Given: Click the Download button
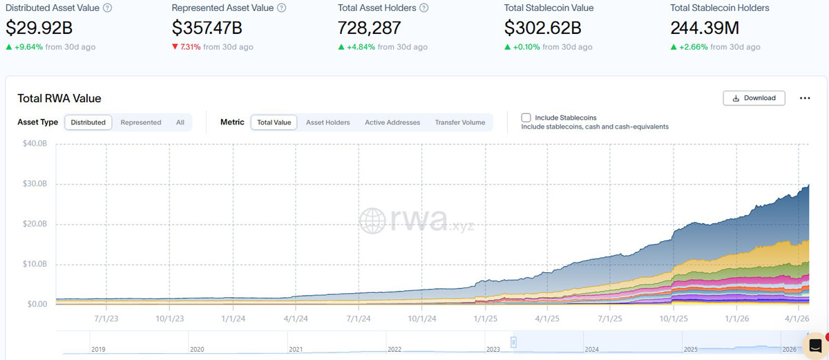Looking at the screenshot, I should point(754,98).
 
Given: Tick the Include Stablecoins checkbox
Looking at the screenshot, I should point(526,118).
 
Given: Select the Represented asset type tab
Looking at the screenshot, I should point(140,122).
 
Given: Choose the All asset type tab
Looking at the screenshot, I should point(180,122).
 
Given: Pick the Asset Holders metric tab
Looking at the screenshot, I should point(327,122).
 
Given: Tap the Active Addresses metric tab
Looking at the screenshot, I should point(392,122).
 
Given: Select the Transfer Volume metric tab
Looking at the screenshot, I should point(459,122).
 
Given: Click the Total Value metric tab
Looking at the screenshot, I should point(274,122).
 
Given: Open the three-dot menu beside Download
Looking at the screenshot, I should point(805,98).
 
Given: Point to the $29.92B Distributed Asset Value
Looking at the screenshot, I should point(39,28).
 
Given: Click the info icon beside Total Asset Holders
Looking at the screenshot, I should point(423,8).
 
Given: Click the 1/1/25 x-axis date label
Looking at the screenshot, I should point(484,319).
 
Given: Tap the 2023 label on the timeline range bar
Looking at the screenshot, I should point(494,350).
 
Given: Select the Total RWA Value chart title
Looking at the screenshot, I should point(59,98).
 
